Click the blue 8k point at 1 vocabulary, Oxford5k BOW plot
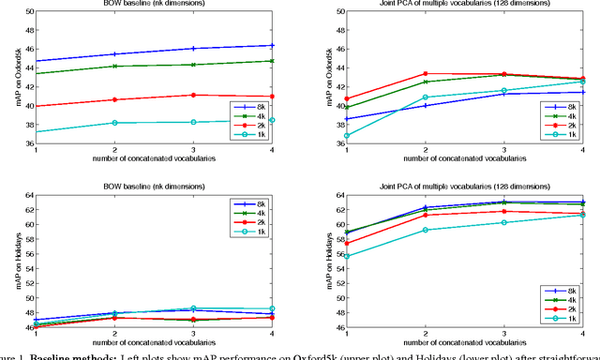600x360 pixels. coord(35,61)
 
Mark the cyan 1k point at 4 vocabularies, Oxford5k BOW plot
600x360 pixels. coord(298,120)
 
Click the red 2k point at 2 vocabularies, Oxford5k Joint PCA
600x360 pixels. coord(426,73)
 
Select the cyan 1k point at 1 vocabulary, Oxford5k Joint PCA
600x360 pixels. coord(344,135)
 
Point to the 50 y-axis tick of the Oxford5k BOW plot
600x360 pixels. coord(26,11)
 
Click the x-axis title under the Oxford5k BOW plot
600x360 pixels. coord(166,159)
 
